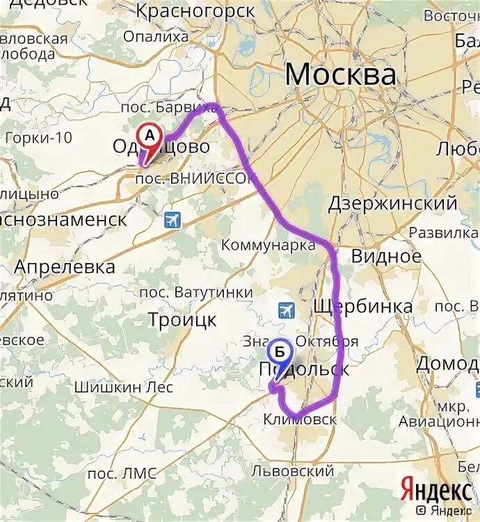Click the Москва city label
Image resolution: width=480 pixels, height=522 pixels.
(340, 74)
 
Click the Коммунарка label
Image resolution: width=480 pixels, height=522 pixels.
(268, 245)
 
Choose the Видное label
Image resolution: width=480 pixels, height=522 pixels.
(386, 256)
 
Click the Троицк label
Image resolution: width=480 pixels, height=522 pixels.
(182, 319)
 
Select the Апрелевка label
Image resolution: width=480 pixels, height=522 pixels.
(65, 267)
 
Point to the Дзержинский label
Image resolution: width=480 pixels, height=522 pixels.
(392, 203)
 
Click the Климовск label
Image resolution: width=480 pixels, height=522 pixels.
(300, 420)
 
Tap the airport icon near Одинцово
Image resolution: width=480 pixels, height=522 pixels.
(172, 221)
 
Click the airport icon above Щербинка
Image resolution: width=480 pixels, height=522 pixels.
(285, 310)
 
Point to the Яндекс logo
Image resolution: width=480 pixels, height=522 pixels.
(435, 490)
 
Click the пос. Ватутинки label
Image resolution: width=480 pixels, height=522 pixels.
(196, 292)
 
